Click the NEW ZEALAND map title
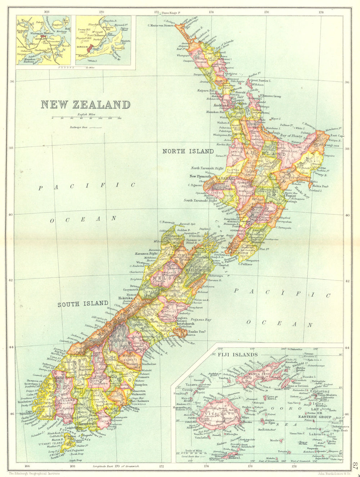click(x=85, y=105)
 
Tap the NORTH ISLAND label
click(x=188, y=151)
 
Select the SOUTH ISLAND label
click(x=83, y=303)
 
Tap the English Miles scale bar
click(x=86, y=118)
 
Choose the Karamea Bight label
click(x=147, y=253)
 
